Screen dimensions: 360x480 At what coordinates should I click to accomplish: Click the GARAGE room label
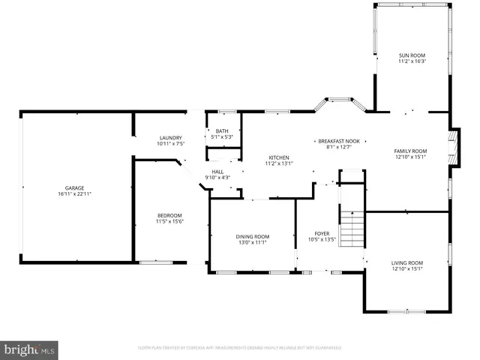click(73, 187)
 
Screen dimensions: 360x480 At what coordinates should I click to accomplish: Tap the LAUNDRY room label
click(171, 137)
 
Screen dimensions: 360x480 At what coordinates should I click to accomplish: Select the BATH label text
click(222, 131)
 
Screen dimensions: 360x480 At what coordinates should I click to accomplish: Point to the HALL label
click(217, 172)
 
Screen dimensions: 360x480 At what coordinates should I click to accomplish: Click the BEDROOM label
click(169, 215)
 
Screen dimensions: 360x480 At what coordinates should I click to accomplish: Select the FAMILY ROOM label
click(410, 151)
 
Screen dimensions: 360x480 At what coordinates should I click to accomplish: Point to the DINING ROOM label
click(253, 236)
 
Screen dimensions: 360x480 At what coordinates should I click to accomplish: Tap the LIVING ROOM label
click(407, 262)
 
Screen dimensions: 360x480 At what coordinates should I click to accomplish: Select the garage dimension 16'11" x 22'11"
click(73, 193)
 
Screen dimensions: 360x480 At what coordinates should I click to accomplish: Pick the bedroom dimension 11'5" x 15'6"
click(169, 221)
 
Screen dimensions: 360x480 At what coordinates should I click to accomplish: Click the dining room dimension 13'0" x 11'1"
click(253, 242)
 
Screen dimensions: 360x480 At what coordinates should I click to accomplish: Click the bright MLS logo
click(30, 349)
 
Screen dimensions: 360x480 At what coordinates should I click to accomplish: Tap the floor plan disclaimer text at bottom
click(239, 348)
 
